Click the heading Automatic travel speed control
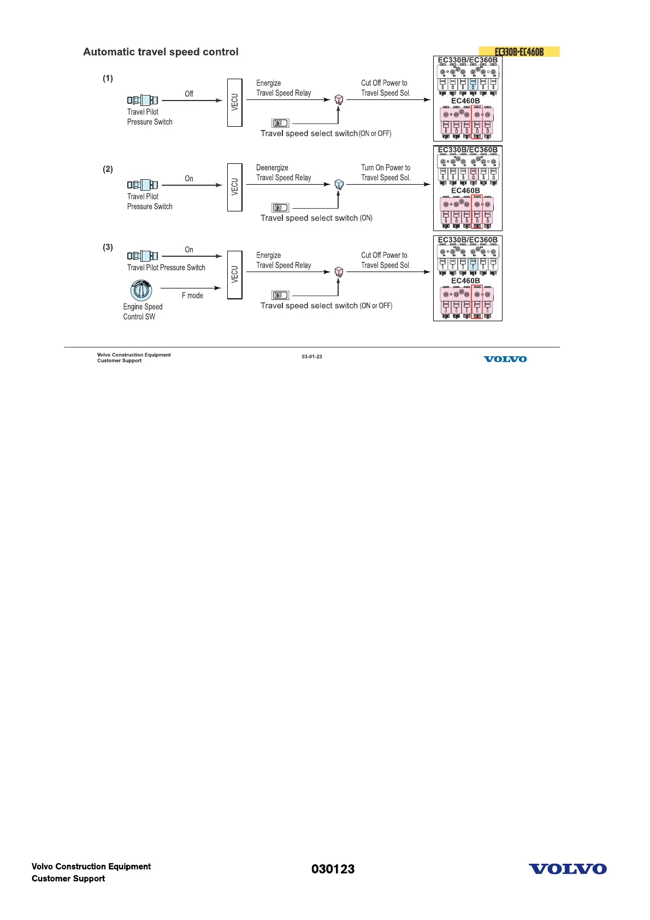click(161, 52)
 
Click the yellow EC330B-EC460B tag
click(519, 52)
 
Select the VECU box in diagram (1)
click(234, 102)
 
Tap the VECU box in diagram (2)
click(234, 187)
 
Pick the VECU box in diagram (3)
click(234, 274)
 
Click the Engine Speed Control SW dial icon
click(141, 290)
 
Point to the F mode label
click(192, 296)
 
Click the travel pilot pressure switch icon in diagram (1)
click(143, 100)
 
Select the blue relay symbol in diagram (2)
click(339, 184)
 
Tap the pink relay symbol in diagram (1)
click(339, 99)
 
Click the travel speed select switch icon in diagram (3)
click(280, 296)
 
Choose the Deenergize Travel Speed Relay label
click(283, 173)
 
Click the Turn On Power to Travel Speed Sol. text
click(386, 173)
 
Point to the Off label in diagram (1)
click(189, 94)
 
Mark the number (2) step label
click(108, 169)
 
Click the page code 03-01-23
click(312, 357)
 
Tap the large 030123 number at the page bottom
click(333, 869)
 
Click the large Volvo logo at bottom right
click(568, 869)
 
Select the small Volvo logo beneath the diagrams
click(505, 359)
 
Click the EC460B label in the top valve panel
click(465, 101)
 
